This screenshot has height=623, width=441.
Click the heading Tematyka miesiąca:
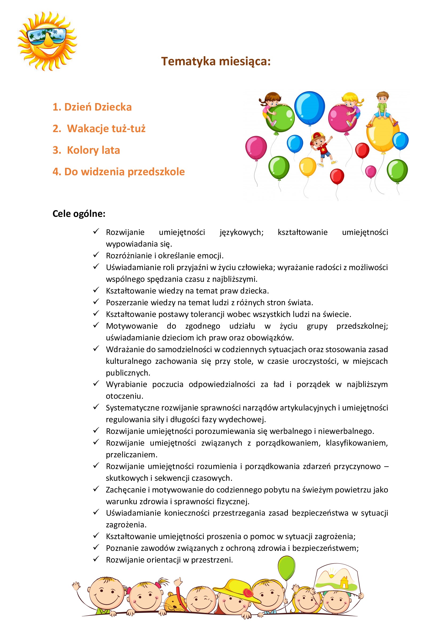click(x=216, y=61)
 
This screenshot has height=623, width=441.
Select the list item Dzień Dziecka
click(x=92, y=107)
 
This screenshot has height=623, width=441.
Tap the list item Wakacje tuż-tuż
click(x=99, y=128)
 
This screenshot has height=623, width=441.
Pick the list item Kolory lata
click(x=86, y=150)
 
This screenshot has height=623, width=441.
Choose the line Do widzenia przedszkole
click(x=119, y=172)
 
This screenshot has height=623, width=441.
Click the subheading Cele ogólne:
click(x=79, y=214)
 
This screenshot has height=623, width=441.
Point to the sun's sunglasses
click(x=47, y=35)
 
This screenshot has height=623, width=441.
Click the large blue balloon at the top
click(x=309, y=108)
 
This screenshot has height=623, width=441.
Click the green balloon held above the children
click(x=286, y=568)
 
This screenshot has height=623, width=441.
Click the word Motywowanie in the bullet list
click(x=132, y=326)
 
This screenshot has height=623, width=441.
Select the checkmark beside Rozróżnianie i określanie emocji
click(x=96, y=255)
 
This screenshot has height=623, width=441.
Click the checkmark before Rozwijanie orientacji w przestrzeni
click(x=96, y=559)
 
